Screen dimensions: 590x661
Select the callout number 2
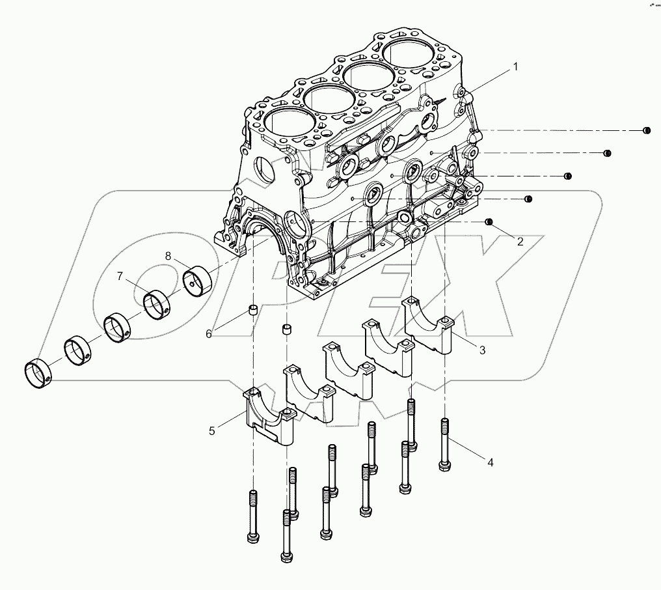(x=520, y=241)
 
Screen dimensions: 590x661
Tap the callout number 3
(x=482, y=350)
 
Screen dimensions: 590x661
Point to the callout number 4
(x=491, y=462)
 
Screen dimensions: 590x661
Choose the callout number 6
(x=209, y=333)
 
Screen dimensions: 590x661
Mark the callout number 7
(x=119, y=277)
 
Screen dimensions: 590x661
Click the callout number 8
(x=168, y=256)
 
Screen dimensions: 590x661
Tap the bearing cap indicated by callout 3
(x=427, y=326)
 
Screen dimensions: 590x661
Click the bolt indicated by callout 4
(x=445, y=443)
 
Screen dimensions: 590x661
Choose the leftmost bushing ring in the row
(x=39, y=373)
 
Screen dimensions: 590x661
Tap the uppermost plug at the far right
(x=647, y=131)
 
